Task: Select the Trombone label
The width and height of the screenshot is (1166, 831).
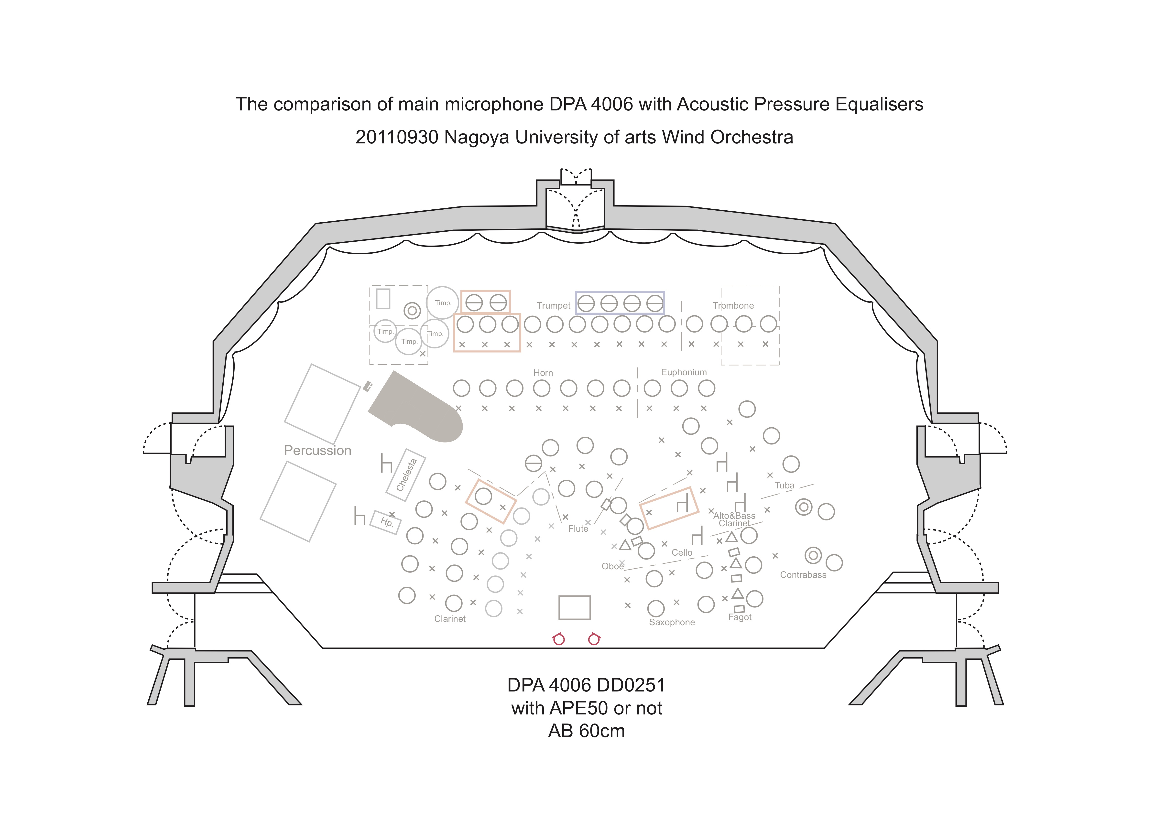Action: coord(733,305)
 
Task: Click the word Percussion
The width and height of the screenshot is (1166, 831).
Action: coord(317,450)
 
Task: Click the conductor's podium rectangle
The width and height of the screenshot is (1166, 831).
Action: coord(574,607)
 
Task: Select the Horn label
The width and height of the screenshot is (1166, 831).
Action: coord(543,373)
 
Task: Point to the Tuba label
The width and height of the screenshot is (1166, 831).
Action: coord(784,485)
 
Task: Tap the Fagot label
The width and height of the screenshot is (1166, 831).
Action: coord(740,617)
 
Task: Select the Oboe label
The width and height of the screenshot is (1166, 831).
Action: coord(612,566)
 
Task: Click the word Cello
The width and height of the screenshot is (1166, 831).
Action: coord(682,553)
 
